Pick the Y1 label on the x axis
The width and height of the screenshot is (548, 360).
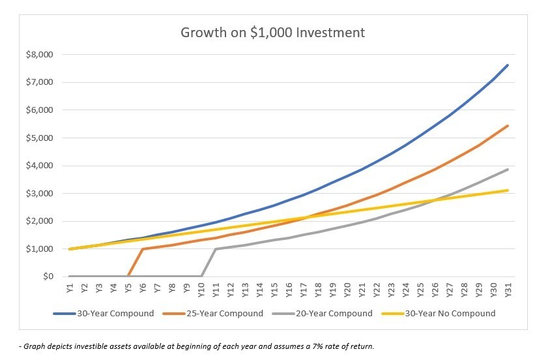70,288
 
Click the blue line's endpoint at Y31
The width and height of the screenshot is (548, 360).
508,65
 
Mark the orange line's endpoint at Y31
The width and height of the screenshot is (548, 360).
508,126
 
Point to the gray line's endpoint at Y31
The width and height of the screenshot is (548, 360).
508,170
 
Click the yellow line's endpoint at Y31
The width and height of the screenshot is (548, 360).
508,190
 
